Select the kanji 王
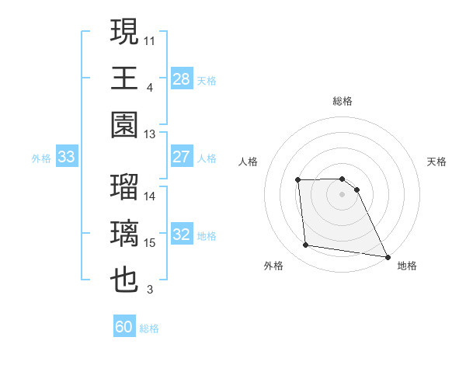coord(125,78)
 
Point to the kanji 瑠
coord(125,188)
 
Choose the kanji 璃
coord(125,235)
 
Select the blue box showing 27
coord(182,156)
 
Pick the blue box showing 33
coord(67,157)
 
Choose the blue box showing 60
coord(124,327)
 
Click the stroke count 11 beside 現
coord(150,40)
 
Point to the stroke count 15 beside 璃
coord(150,243)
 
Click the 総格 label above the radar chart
coord(343,101)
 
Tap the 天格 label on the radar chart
coord(437,162)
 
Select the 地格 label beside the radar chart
coord(407,266)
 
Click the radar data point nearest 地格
coord(388,256)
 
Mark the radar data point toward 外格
coord(306,245)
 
